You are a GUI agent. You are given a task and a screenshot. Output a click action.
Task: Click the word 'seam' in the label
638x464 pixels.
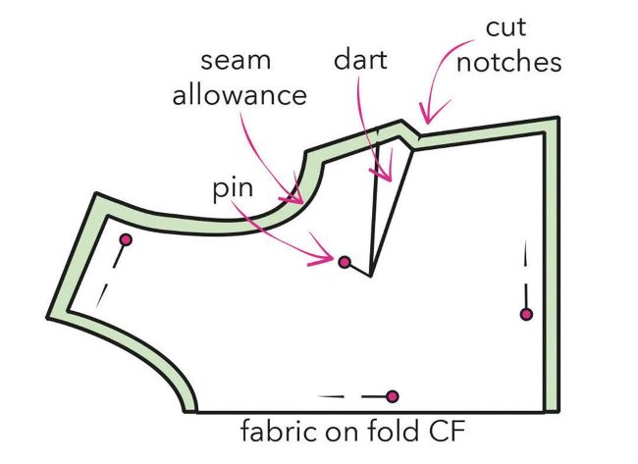click(x=236, y=61)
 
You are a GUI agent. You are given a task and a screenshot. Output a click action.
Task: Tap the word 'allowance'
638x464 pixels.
click(x=239, y=95)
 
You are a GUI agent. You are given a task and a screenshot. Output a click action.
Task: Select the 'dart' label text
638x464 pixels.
click(x=360, y=60)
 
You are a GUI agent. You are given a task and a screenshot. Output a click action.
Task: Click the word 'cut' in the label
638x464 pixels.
click(x=505, y=27)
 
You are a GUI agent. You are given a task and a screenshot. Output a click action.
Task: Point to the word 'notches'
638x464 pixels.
click(x=509, y=62)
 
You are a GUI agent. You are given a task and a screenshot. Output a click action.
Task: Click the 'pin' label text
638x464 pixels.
click(x=233, y=188)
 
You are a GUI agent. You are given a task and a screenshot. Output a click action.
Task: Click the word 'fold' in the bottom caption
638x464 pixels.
click(x=393, y=431)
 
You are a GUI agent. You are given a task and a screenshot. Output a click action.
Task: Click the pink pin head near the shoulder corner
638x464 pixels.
click(x=127, y=240)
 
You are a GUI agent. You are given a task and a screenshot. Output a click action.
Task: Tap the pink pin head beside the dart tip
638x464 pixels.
click(x=345, y=262)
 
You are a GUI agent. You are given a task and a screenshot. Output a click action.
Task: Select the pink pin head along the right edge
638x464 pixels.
click(x=526, y=314)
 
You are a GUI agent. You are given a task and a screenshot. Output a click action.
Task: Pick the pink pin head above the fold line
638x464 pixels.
click(x=393, y=396)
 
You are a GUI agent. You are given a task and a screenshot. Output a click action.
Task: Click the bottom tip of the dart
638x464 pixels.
click(x=370, y=276)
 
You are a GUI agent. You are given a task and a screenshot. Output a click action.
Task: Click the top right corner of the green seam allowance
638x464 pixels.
click(x=558, y=118)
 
